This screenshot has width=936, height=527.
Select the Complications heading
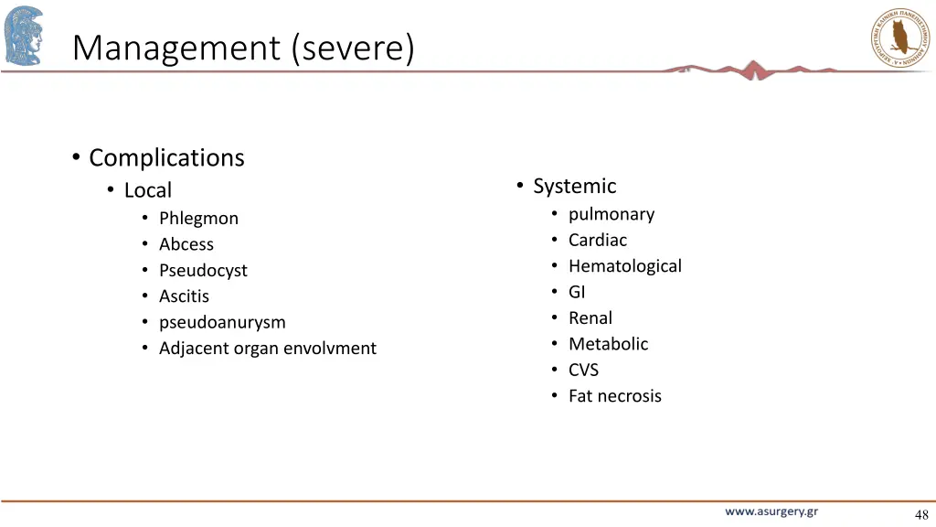(166, 157)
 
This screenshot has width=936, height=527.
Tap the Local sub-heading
(148, 190)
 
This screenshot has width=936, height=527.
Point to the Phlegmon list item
(198, 219)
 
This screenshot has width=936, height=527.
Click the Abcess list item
(186, 244)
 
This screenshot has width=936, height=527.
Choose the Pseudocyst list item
(203, 271)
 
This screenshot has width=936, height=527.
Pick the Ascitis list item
(184, 296)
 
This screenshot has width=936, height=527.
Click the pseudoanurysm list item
(222, 322)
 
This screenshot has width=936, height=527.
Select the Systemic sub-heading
(574, 186)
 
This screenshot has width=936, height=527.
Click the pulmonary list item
(612, 214)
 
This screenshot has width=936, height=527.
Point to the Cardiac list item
(598, 240)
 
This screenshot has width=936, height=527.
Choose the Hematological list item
(625, 266)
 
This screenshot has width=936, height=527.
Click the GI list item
(577, 292)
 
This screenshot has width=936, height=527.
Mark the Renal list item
(590, 318)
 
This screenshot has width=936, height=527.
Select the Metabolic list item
(608, 344)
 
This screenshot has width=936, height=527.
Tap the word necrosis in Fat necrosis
(629, 396)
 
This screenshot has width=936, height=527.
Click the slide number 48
(920, 514)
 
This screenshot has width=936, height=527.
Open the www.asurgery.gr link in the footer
(771, 511)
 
